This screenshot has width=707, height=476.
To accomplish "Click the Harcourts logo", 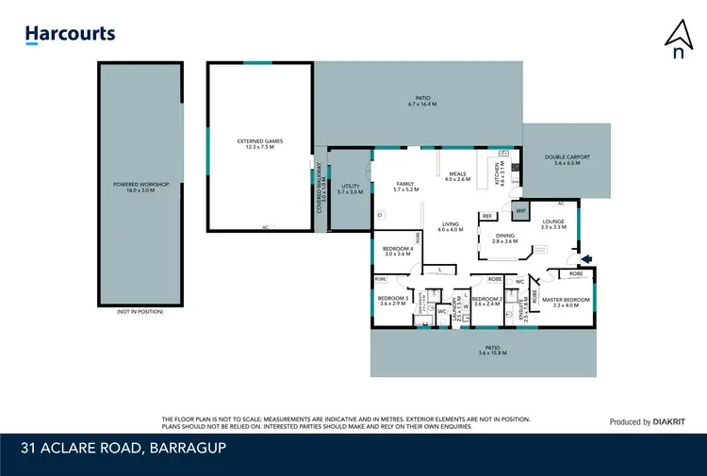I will pyautogui.click(x=70, y=35).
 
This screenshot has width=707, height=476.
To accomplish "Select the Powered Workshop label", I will pyautogui.click(x=140, y=187).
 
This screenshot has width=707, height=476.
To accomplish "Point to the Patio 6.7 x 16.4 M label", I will pyautogui.click(x=422, y=100).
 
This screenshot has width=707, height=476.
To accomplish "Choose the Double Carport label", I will pyautogui.click(x=567, y=160).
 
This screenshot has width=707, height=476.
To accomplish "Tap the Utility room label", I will pyautogui.click(x=350, y=189).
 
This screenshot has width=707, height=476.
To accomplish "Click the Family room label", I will pyautogui.click(x=404, y=187).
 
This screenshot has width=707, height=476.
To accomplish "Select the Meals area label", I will pyautogui.click(x=457, y=176).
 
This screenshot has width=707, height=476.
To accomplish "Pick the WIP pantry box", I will pyautogui.click(x=519, y=212).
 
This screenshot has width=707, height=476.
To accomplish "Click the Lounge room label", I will pyautogui.click(x=553, y=224).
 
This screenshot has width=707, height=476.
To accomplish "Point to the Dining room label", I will pyautogui.click(x=505, y=238).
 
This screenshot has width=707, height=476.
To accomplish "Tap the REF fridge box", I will pyautogui.click(x=487, y=217).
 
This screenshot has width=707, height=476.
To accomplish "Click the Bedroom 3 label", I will pyautogui.click(x=391, y=302).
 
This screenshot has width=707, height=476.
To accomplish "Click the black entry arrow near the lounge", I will pyautogui.click(x=588, y=258).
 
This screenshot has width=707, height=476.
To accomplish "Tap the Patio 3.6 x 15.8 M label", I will pyautogui.click(x=484, y=350).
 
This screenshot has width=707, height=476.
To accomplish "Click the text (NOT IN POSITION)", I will pyautogui.click(x=140, y=312).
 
